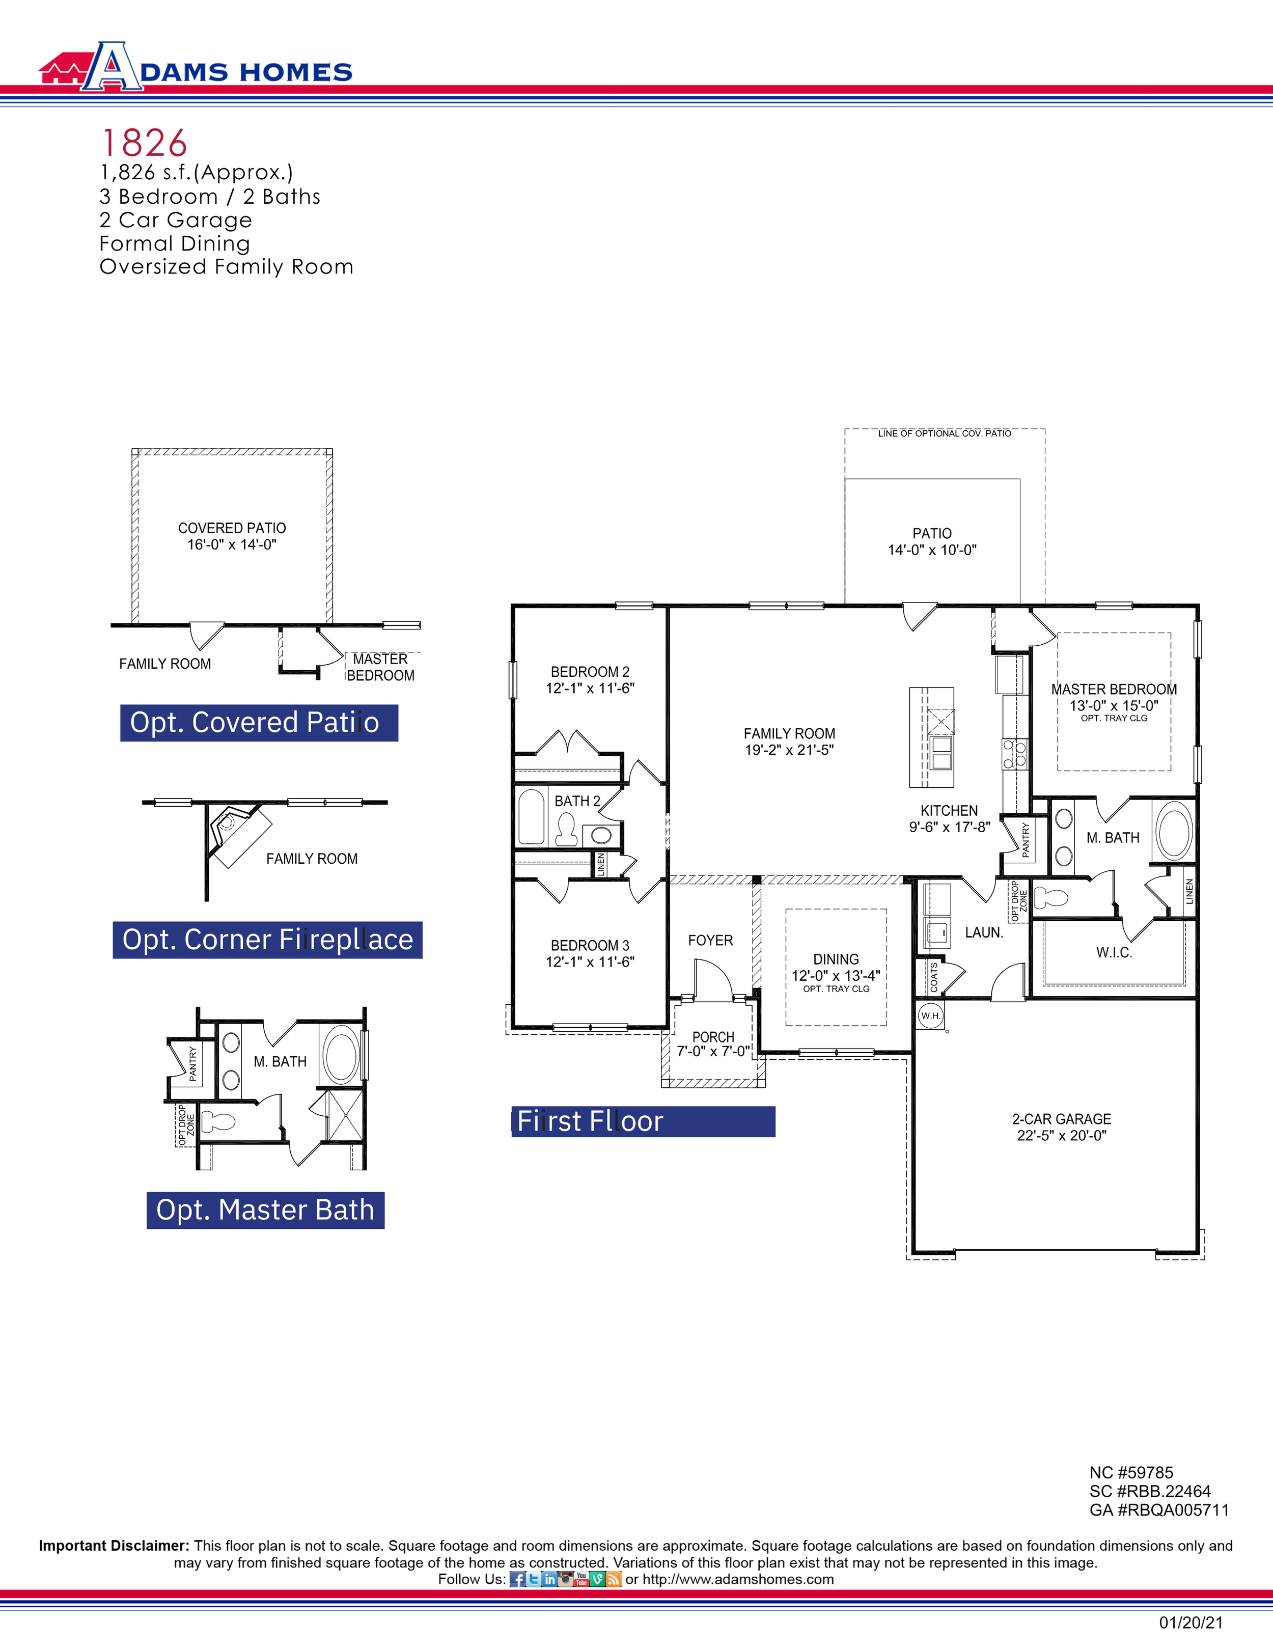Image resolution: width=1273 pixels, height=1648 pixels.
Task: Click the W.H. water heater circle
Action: [x=930, y=1015]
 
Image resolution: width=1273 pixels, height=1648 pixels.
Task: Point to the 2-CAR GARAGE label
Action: [x=1061, y=1118]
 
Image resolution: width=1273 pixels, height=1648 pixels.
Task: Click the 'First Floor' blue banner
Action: [x=643, y=1121]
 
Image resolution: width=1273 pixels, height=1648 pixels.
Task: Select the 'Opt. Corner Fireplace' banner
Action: [x=267, y=940]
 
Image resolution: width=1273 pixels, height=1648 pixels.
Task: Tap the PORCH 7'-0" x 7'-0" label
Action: [x=713, y=1043]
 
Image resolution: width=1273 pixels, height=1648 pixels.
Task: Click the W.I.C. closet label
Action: [x=1114, y=952]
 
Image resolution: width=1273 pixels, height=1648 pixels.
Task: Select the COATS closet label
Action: [x=933, y=977]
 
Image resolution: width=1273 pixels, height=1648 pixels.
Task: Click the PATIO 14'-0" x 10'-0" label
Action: [x=932, y=541]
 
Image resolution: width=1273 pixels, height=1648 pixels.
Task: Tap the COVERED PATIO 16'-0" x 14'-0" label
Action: [x=232, y=536]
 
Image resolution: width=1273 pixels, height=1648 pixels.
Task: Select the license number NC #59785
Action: [x=1131, y=1472]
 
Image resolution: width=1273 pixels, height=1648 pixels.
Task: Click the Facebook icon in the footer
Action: [x=518, y=1579]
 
